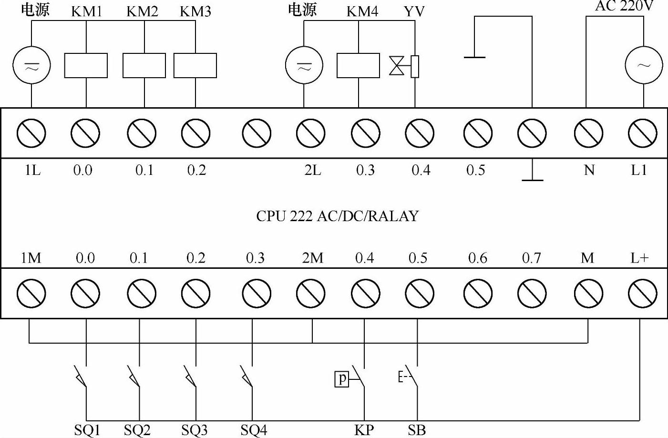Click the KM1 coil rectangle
coord(86,66)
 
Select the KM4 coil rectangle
coord(358,66)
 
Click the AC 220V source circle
coord(643,65)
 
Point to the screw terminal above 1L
coord(31,133)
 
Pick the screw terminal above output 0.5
coord(478,133)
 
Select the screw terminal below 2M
coord(310,293)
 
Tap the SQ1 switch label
coord(87,430)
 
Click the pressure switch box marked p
coord(341,379)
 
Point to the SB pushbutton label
coord(417,430)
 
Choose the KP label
coord(364,430)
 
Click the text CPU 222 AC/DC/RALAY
coord(337,216)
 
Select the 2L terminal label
coord(312,170)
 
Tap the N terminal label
coord(589,170)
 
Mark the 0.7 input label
coord(531,258)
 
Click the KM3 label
coord(195,11)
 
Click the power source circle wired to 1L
coord(31,66)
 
